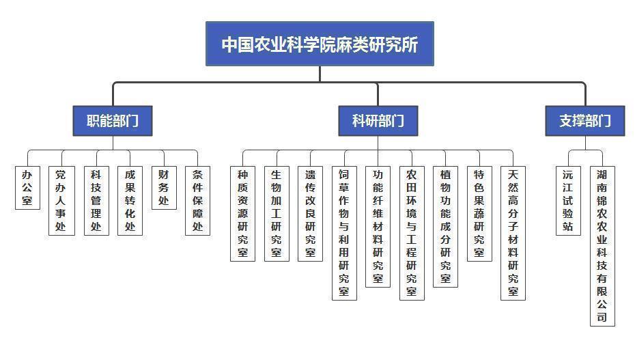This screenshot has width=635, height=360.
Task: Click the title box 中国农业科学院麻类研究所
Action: [320, 44]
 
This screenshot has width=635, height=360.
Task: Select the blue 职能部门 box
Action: [113, 121]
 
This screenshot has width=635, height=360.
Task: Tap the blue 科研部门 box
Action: [378, 121]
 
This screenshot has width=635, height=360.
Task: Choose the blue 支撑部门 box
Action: [585, 121]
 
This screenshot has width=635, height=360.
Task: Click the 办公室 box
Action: [27, 187]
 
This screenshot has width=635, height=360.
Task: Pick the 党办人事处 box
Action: [61, 200]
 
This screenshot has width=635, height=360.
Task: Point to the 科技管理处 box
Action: [96, 200]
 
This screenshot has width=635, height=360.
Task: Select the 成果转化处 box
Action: [130, 200]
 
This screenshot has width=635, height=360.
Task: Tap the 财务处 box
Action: [163, 187]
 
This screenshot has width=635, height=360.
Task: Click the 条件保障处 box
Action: [197, 200]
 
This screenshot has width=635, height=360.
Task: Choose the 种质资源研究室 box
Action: [243, 213]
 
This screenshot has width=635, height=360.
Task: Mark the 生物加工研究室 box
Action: [277, 213]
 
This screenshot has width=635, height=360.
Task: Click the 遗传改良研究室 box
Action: [310, 213]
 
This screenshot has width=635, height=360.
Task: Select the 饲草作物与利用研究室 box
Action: [344, 232]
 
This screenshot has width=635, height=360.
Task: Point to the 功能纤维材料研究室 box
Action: [378, 226]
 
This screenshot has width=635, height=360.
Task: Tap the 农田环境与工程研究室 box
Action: [412, 232]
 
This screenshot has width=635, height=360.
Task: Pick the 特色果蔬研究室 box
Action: [479, 213]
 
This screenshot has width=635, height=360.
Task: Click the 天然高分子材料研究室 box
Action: [513, 232]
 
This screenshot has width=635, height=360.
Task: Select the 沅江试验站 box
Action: [568, 200]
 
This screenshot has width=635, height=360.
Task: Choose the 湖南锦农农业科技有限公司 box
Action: [602, 246]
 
